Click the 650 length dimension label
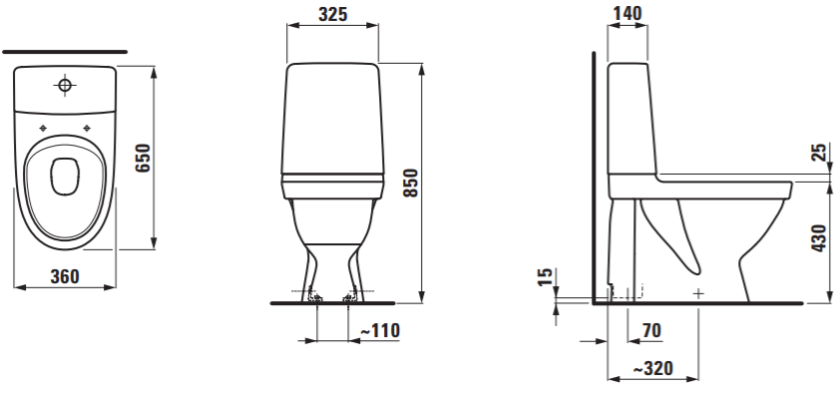pos(143,158)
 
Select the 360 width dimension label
pos(65,276)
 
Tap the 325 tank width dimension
pos(333,14)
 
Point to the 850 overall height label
pos(410,183)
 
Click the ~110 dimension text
pos(380,331)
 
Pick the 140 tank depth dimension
pos(628,13)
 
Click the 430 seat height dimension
pos(819,238)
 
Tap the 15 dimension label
pos(545,276)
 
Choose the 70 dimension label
pos(651,331)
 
